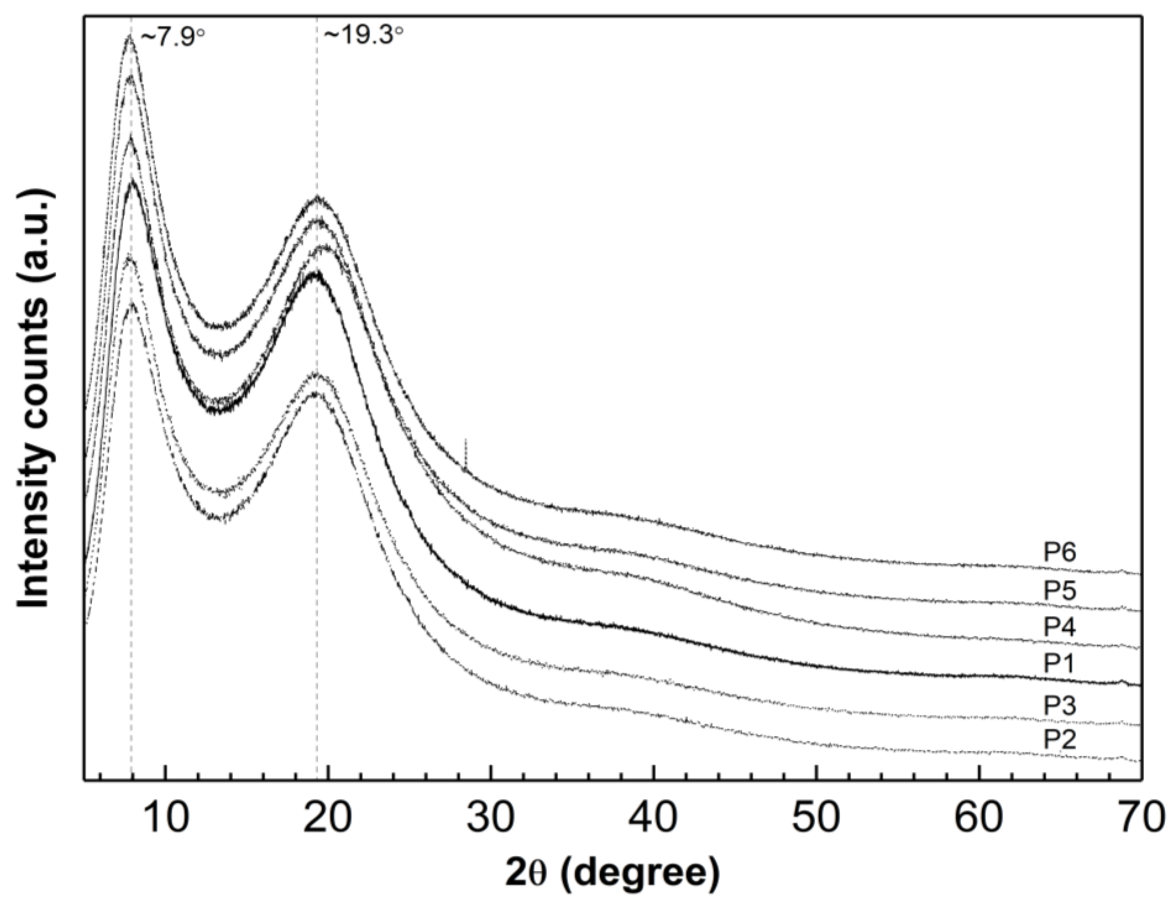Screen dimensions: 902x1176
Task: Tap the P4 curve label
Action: point(1059,628)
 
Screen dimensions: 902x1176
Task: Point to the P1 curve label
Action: point(1059,665)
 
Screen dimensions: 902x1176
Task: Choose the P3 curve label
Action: point(1059,706)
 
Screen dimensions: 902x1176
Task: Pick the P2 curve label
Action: point(1059,741)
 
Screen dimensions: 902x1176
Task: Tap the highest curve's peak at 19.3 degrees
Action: point(318,198)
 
